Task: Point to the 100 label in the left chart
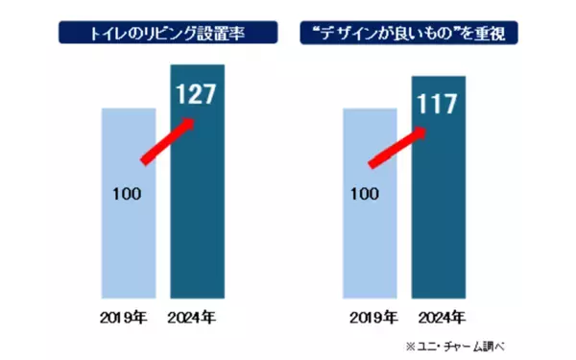[x=126, y=194]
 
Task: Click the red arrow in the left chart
[x=169, y=143]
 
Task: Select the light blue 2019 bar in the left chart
[x=127, y=240]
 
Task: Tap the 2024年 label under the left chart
[x=196, y=317]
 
